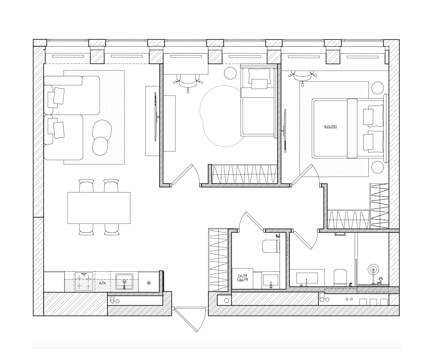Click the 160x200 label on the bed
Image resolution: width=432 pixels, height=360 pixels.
click(330, 127)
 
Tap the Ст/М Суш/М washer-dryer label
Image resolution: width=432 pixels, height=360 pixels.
click(242, 278)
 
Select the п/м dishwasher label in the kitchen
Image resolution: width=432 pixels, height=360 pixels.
click(102, 283)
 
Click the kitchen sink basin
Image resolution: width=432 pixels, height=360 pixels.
click(124, 282)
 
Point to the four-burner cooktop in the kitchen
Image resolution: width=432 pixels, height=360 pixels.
click(84, 282)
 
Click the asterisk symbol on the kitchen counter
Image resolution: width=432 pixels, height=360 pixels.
click(149, 283)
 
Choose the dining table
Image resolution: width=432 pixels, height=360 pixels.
click(99, 208)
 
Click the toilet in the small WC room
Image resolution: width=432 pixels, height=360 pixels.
click(271, 246)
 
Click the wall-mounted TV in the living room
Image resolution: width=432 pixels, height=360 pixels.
click(156, 117)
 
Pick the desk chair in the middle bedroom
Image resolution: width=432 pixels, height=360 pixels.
click(188, 82)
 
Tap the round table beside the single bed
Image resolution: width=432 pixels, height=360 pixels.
click(230, 73)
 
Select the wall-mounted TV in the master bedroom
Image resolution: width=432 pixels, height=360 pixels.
click(285, 131)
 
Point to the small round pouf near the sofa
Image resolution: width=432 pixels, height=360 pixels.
click(100, 146)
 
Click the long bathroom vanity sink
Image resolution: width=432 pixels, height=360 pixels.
click(307, 278)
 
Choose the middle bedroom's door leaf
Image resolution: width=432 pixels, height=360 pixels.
click(181, 174)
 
